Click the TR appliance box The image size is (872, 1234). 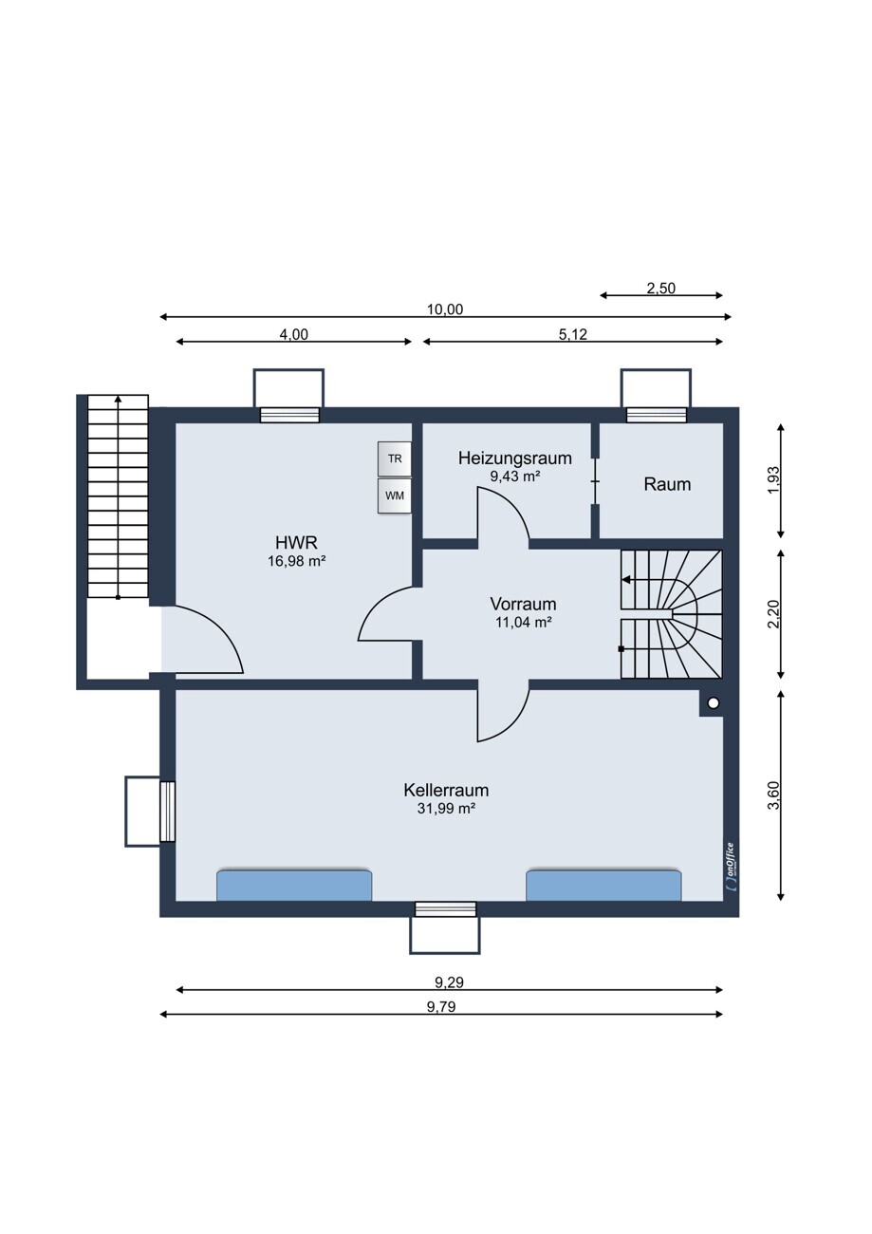pyautogui.click(x=394, y=458)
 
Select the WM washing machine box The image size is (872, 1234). pyautogui.click(x=394, y=495)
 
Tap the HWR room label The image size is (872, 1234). pyautogui.click(x=296, y=543)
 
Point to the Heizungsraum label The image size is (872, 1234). pyautogui.click(x=514, y=458)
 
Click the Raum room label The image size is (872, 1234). pyautogui.click(x=667, y=484)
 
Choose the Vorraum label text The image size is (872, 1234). pyautogui.click(x=523, y=604)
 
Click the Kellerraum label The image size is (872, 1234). pyautogui.click(x=446, y=790)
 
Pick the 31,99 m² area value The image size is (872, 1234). pyautogui.click(x=446, y=808)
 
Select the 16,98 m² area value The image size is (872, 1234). pyautogui.click(x=296, y=561)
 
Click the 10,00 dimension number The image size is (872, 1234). pyautogui.click(x=445, y=309)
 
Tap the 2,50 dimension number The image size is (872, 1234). pyautogui.click(x=660, y=289)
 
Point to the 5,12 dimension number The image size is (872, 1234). pyautogui.click(x=572, y=334)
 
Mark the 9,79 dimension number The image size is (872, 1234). pyautogui.click(x=441, y=1007)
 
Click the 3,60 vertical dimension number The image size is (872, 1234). pyautogui.click(x=773, y=795)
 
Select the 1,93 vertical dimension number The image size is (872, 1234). pyautogui.click(x=773, y=480)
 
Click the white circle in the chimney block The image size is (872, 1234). pyautogui.click(x=714, y=703)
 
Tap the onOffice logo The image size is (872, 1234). pyautogui.click(x=730, y=867)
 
